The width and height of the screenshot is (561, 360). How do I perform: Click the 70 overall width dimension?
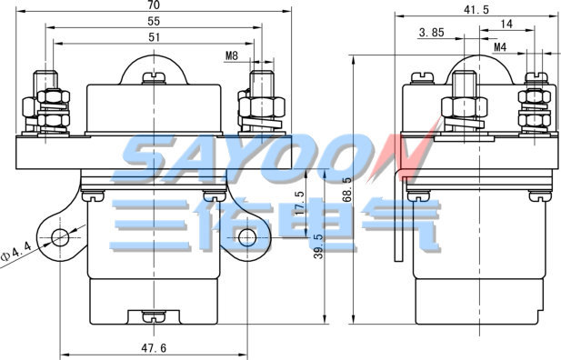coord(154,5)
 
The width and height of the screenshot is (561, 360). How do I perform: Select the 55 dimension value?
coord(154,22)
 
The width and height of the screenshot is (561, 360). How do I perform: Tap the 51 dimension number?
coord(154,37)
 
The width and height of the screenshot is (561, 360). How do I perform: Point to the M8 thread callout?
coord(232,55)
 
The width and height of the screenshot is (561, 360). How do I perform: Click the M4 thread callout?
coord(500,47)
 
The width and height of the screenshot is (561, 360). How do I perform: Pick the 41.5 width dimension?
coord(476,10)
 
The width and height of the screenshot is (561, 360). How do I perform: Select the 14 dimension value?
coord(506,25)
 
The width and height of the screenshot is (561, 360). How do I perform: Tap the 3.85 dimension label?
coord(432,33)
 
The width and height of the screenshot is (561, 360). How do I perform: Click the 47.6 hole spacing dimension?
coord(154,348)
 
